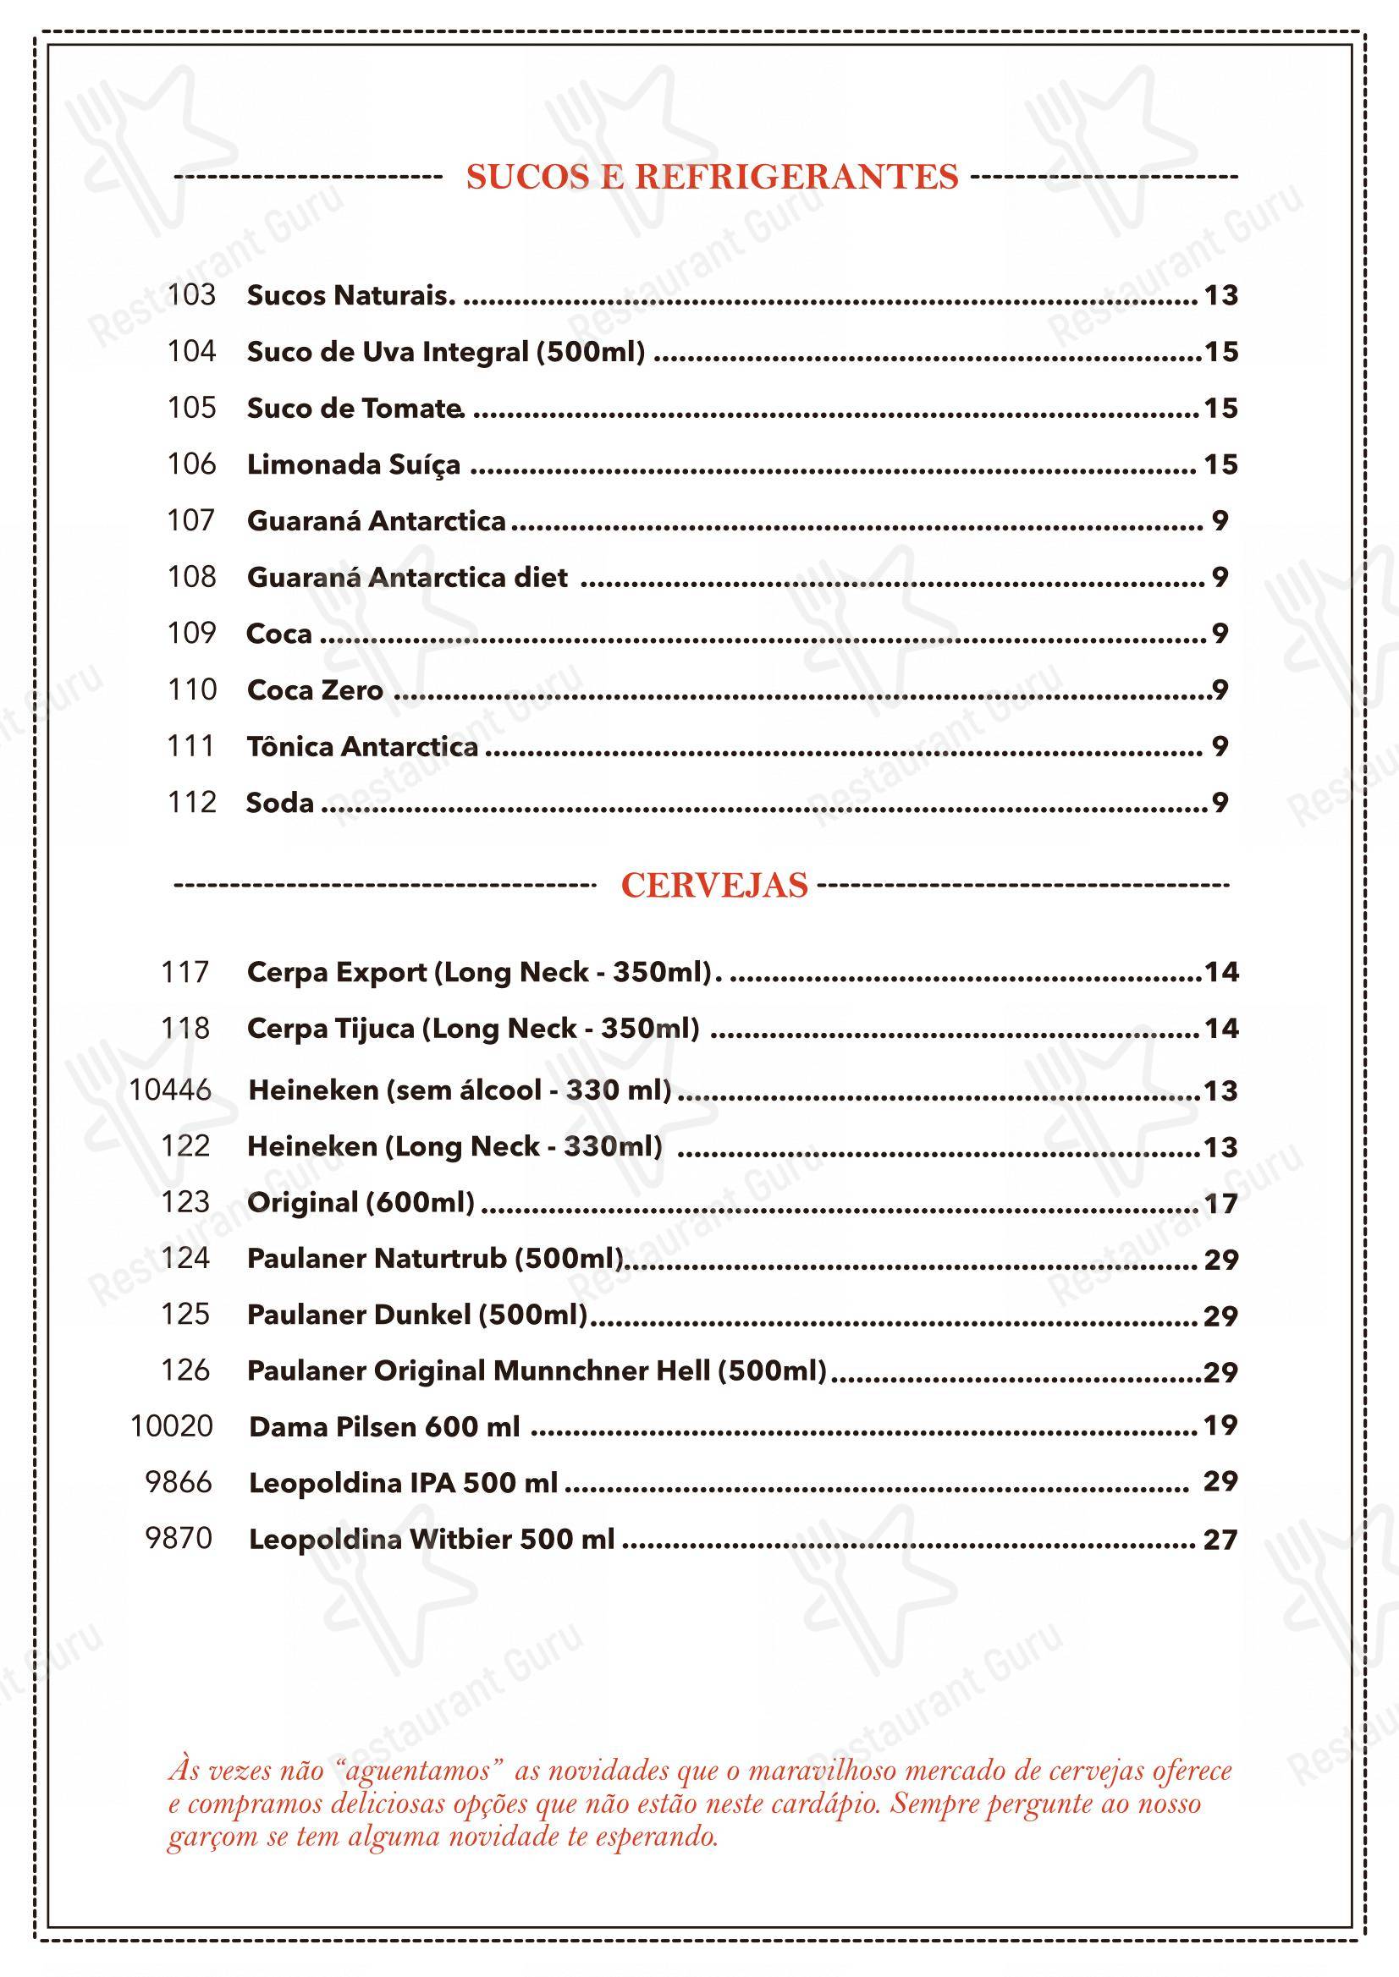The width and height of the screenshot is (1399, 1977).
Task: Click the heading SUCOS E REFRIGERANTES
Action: point(712,177)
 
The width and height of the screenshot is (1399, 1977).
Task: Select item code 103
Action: point(191,294)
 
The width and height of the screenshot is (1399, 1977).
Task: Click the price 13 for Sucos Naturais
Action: point(1220,295)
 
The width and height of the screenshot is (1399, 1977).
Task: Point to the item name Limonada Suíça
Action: point(353,465)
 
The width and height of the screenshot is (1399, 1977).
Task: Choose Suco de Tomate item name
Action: point(354,408)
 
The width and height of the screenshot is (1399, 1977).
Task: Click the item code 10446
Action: point(170,1090)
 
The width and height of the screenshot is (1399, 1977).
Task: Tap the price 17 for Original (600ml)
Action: point(1220,1203)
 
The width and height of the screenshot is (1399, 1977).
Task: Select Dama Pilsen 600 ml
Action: point(384,1428)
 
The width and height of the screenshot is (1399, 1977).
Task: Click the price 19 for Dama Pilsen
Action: point(1220,1426)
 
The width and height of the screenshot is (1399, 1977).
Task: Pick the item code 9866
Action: point(179,1483)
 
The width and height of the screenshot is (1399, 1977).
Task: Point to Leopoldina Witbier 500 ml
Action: point(432,1540)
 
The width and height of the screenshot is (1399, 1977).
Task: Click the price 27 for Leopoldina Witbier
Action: point(1220,1540)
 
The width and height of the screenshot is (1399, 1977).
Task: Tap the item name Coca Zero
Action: point(315,690)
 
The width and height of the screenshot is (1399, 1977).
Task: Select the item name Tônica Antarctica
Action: point(362,746)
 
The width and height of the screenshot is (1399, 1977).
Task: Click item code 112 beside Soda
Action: point(191,803)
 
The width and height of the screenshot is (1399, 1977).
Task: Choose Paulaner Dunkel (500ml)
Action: point(417,1315)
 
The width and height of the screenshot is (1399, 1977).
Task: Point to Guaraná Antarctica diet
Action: point(406,577)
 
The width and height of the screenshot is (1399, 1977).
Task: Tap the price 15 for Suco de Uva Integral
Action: point(1220,351)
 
